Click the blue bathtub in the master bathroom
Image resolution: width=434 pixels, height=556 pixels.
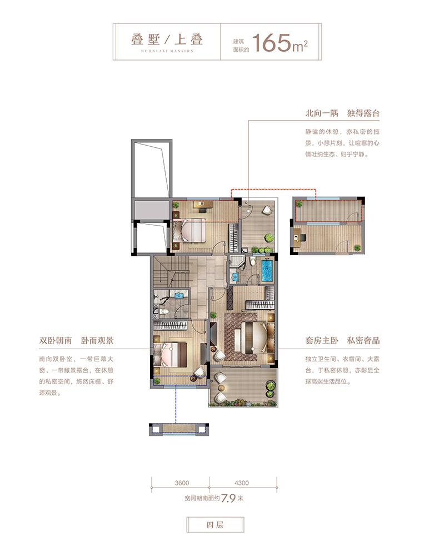click(267, 271)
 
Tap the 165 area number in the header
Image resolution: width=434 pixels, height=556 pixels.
click(271, 43)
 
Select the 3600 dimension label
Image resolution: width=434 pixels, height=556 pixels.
click(182, 483)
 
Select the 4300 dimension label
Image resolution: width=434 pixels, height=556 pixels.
click(242, 483)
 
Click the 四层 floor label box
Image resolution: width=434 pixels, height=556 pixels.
click(215, 525)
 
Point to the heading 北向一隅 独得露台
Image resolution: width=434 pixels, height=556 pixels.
click(342, 113)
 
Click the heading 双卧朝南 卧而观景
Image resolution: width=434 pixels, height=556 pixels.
click(76, 341)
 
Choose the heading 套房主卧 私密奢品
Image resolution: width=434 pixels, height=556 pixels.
click(342, 341)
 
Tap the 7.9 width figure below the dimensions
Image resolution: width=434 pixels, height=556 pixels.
click(228, 498)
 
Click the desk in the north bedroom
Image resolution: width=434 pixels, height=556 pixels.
click(202, 205)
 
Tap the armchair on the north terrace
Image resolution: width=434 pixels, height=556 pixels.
click(266, 210)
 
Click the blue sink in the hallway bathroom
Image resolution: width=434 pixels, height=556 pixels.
click(179, 294)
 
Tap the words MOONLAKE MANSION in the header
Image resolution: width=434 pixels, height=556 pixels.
click(167, 51)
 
